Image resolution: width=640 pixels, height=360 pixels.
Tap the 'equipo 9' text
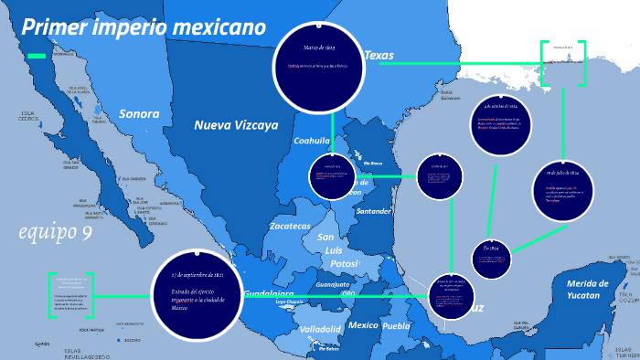(56, 233)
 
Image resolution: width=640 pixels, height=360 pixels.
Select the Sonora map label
(139, 115)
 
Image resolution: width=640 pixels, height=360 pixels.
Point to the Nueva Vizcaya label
(236, 125)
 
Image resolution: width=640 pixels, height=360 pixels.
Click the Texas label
(379, 56)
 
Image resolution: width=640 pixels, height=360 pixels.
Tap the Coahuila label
(311, 142)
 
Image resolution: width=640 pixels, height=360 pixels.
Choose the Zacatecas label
(290, 226)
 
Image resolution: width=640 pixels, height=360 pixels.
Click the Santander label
(374, 211)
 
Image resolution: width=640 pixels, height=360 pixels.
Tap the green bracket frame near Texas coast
(563, 64)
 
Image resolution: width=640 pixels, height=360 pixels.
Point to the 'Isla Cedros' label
(29, 117)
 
